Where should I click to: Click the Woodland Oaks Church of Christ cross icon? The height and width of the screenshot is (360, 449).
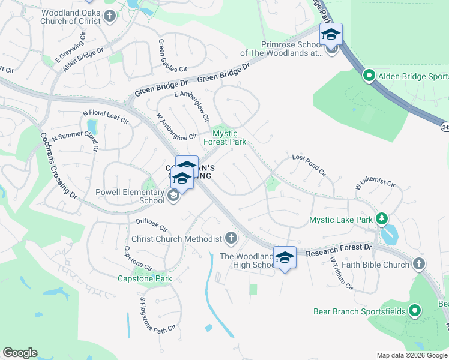tap(109, 16)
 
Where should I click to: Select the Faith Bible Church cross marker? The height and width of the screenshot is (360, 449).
tap(419, 264)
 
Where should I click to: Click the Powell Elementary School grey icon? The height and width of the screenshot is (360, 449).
tap(173, 196)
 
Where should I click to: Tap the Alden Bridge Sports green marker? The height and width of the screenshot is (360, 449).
tap(369, 76)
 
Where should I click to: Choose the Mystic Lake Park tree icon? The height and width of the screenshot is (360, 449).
tap(381, 220)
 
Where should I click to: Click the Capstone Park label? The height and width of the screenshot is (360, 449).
tap(144, 278)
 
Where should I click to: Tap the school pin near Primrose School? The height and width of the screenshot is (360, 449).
tap(330, 35)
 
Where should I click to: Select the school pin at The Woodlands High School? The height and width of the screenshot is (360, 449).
tap(285, 258)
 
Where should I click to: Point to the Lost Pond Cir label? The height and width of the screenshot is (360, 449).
tap(309, 165)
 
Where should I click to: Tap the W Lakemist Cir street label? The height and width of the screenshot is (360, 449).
tap(375, 183)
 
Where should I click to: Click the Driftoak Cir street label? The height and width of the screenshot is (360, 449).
tap(151, 224)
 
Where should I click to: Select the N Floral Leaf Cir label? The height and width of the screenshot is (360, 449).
tap(106, 116)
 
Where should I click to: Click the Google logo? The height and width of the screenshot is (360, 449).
tap(19, 353)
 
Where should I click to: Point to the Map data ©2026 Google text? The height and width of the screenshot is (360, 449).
tap(411, 355)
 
